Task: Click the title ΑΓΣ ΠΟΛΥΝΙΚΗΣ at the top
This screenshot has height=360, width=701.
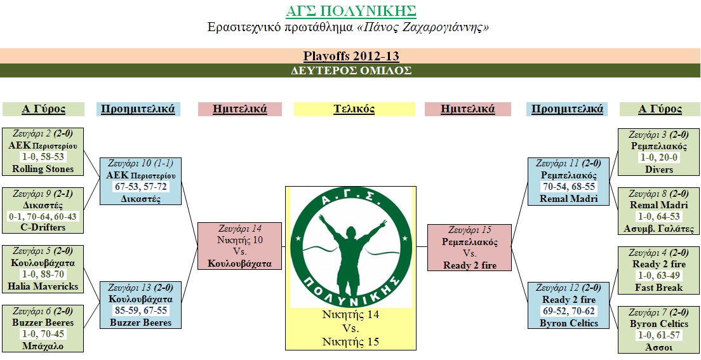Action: [350, 11]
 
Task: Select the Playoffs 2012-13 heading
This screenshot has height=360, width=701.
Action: [350, 56]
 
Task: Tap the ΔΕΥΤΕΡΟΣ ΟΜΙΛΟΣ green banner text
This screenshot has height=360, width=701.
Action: [350, 70]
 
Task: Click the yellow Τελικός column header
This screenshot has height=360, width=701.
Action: [354, 109]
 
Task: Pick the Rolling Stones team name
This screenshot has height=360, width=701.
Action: [43, 169]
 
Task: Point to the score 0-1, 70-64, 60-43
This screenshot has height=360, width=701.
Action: [43, 217]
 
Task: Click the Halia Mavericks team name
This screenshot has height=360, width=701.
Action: [43, 286]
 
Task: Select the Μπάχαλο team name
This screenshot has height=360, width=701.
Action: [43, 346]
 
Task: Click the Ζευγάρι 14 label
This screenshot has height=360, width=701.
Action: [239, 229]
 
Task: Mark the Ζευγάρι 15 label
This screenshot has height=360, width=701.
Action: [469, 230]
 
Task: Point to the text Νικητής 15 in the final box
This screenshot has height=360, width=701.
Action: [350, 342]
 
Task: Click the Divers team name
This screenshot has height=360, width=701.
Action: [659, 170]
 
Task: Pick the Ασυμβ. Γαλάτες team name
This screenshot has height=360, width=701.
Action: [659, 229]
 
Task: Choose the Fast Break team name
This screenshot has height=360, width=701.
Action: [659, 288]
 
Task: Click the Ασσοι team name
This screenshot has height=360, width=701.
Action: [659, 347]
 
